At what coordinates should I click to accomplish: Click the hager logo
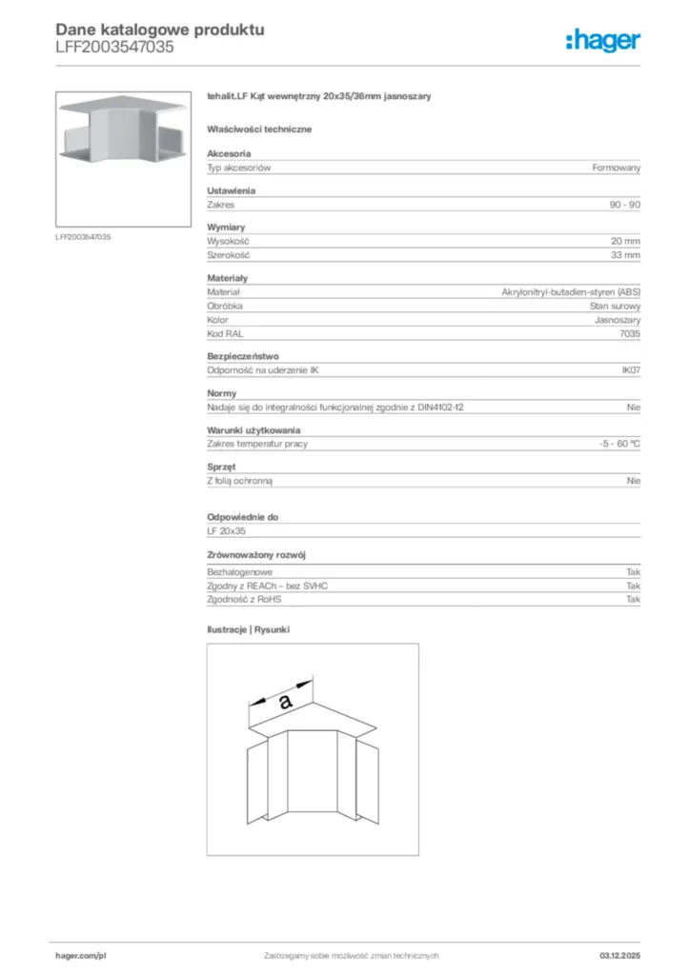click(603, 39)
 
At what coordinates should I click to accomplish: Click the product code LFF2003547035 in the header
click(114, 47)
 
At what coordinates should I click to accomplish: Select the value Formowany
click(617, 168)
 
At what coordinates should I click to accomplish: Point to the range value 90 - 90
click(624, 205)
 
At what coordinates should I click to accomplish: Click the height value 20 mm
click(626, 242)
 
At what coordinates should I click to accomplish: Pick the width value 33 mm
click(626, 255)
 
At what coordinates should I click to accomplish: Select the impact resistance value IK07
click(630, 370)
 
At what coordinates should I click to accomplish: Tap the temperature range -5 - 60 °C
click(614, 444)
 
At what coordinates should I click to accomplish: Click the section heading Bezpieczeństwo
click(243, 356)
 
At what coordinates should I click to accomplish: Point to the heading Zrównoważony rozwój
click(255, 554)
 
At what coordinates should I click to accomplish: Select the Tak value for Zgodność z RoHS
click(633, 600)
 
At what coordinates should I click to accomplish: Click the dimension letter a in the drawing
click(284, 702)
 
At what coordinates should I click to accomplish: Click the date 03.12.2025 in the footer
click(620, 955)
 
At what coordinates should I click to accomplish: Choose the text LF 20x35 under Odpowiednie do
click(227, 530)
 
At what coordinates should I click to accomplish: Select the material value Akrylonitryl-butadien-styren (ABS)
click(571, 292)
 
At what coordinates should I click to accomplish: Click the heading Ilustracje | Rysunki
click(248, 629)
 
